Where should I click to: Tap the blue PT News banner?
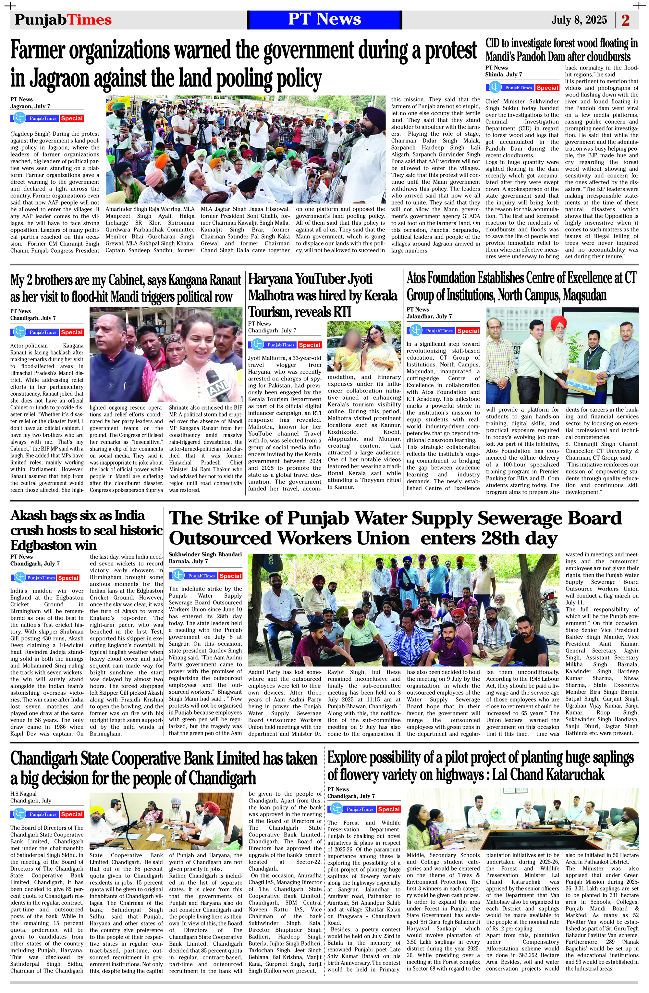coord(324,19)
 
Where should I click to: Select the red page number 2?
coord(625,20)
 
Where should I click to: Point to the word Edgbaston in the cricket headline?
coord(54,545)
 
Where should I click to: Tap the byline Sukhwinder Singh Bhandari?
coord(205,554)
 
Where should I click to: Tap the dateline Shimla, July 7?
coord(503,75)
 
